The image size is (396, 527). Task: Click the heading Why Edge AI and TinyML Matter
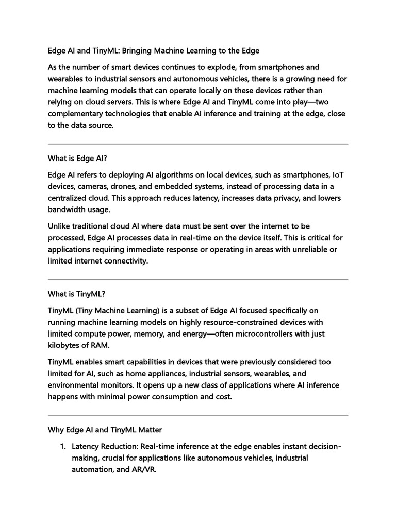coord(112,429)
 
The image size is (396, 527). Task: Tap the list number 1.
coord(63,447)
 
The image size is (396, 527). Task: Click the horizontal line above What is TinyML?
coord(198,279)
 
